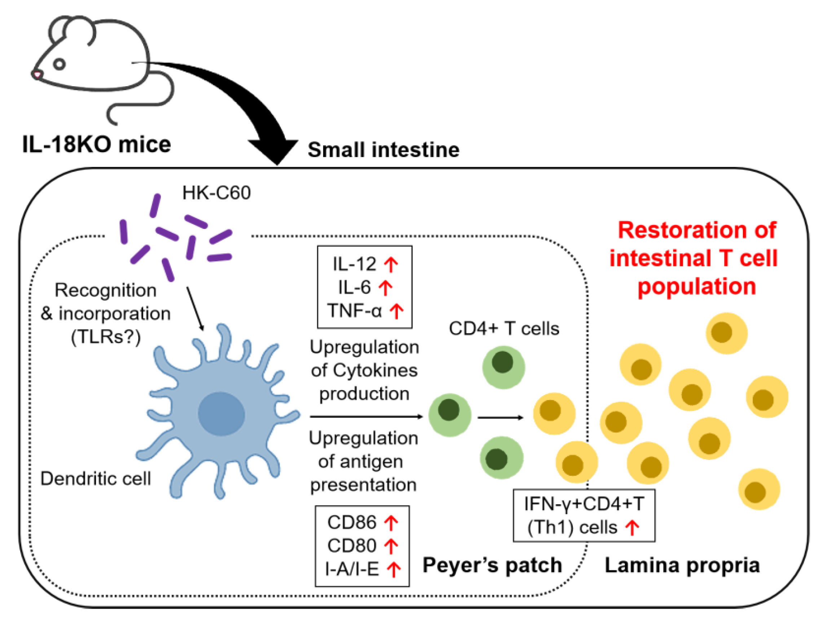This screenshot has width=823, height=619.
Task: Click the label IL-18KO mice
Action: pos(96,144)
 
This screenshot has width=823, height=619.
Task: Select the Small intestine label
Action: pos(383,150)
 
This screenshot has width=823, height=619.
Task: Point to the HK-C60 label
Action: pos(216,193)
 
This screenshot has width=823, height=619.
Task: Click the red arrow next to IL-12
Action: pos(391,264)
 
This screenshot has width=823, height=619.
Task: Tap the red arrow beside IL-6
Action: pos(385,288)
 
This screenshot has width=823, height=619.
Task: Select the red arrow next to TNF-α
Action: pos(397,311)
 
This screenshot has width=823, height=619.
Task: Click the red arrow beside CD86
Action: pos(391,522)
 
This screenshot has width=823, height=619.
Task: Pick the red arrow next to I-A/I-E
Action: pos(393,569)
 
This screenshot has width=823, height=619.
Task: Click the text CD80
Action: pos(352,545)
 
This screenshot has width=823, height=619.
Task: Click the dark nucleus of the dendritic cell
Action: pos(221,414)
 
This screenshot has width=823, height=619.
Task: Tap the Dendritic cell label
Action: pos(96,478)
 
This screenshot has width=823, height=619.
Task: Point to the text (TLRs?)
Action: pos(106,337)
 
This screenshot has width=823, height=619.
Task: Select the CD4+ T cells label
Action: pos(504,328)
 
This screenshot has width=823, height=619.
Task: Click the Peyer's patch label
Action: pos(492,565)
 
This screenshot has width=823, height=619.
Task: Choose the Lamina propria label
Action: pos(682,565)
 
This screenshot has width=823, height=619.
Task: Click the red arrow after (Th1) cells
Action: pos(632,527)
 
